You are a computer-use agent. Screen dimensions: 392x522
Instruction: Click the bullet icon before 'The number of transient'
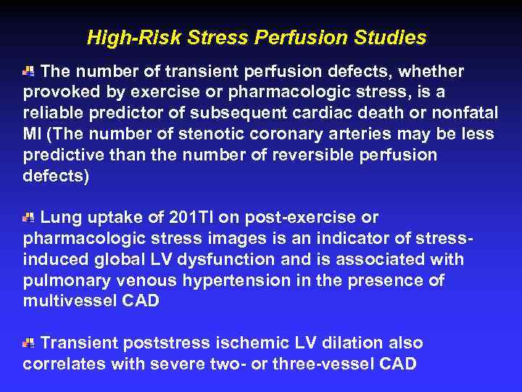pyautogui.click(x=28, y=71)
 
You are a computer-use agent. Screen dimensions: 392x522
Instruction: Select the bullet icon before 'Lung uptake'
pyautogui.click(x=28, y=217)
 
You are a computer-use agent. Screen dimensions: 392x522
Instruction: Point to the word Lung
pyautogui.click(x=57, y=217)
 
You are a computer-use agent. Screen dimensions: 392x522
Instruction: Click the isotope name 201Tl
pyautogui.click(x=190, y=217)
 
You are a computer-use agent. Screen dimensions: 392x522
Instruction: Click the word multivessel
pyautogui.click(x=70, y=301)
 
